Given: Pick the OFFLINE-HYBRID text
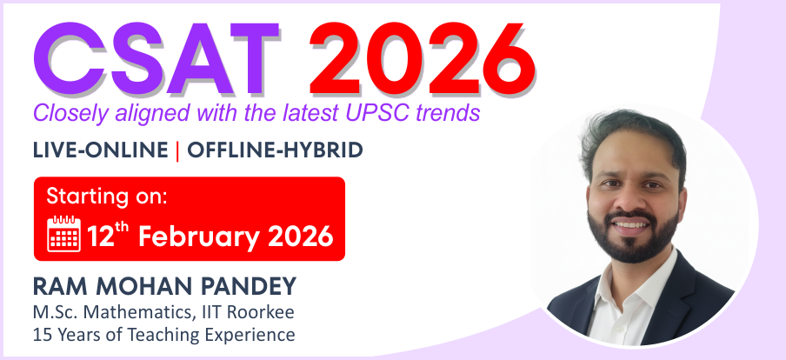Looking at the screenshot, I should [275, 150].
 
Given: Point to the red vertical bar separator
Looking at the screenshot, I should [177, 150].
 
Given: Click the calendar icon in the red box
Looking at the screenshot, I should [63, 233].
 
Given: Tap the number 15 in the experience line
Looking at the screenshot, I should [43, 334].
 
